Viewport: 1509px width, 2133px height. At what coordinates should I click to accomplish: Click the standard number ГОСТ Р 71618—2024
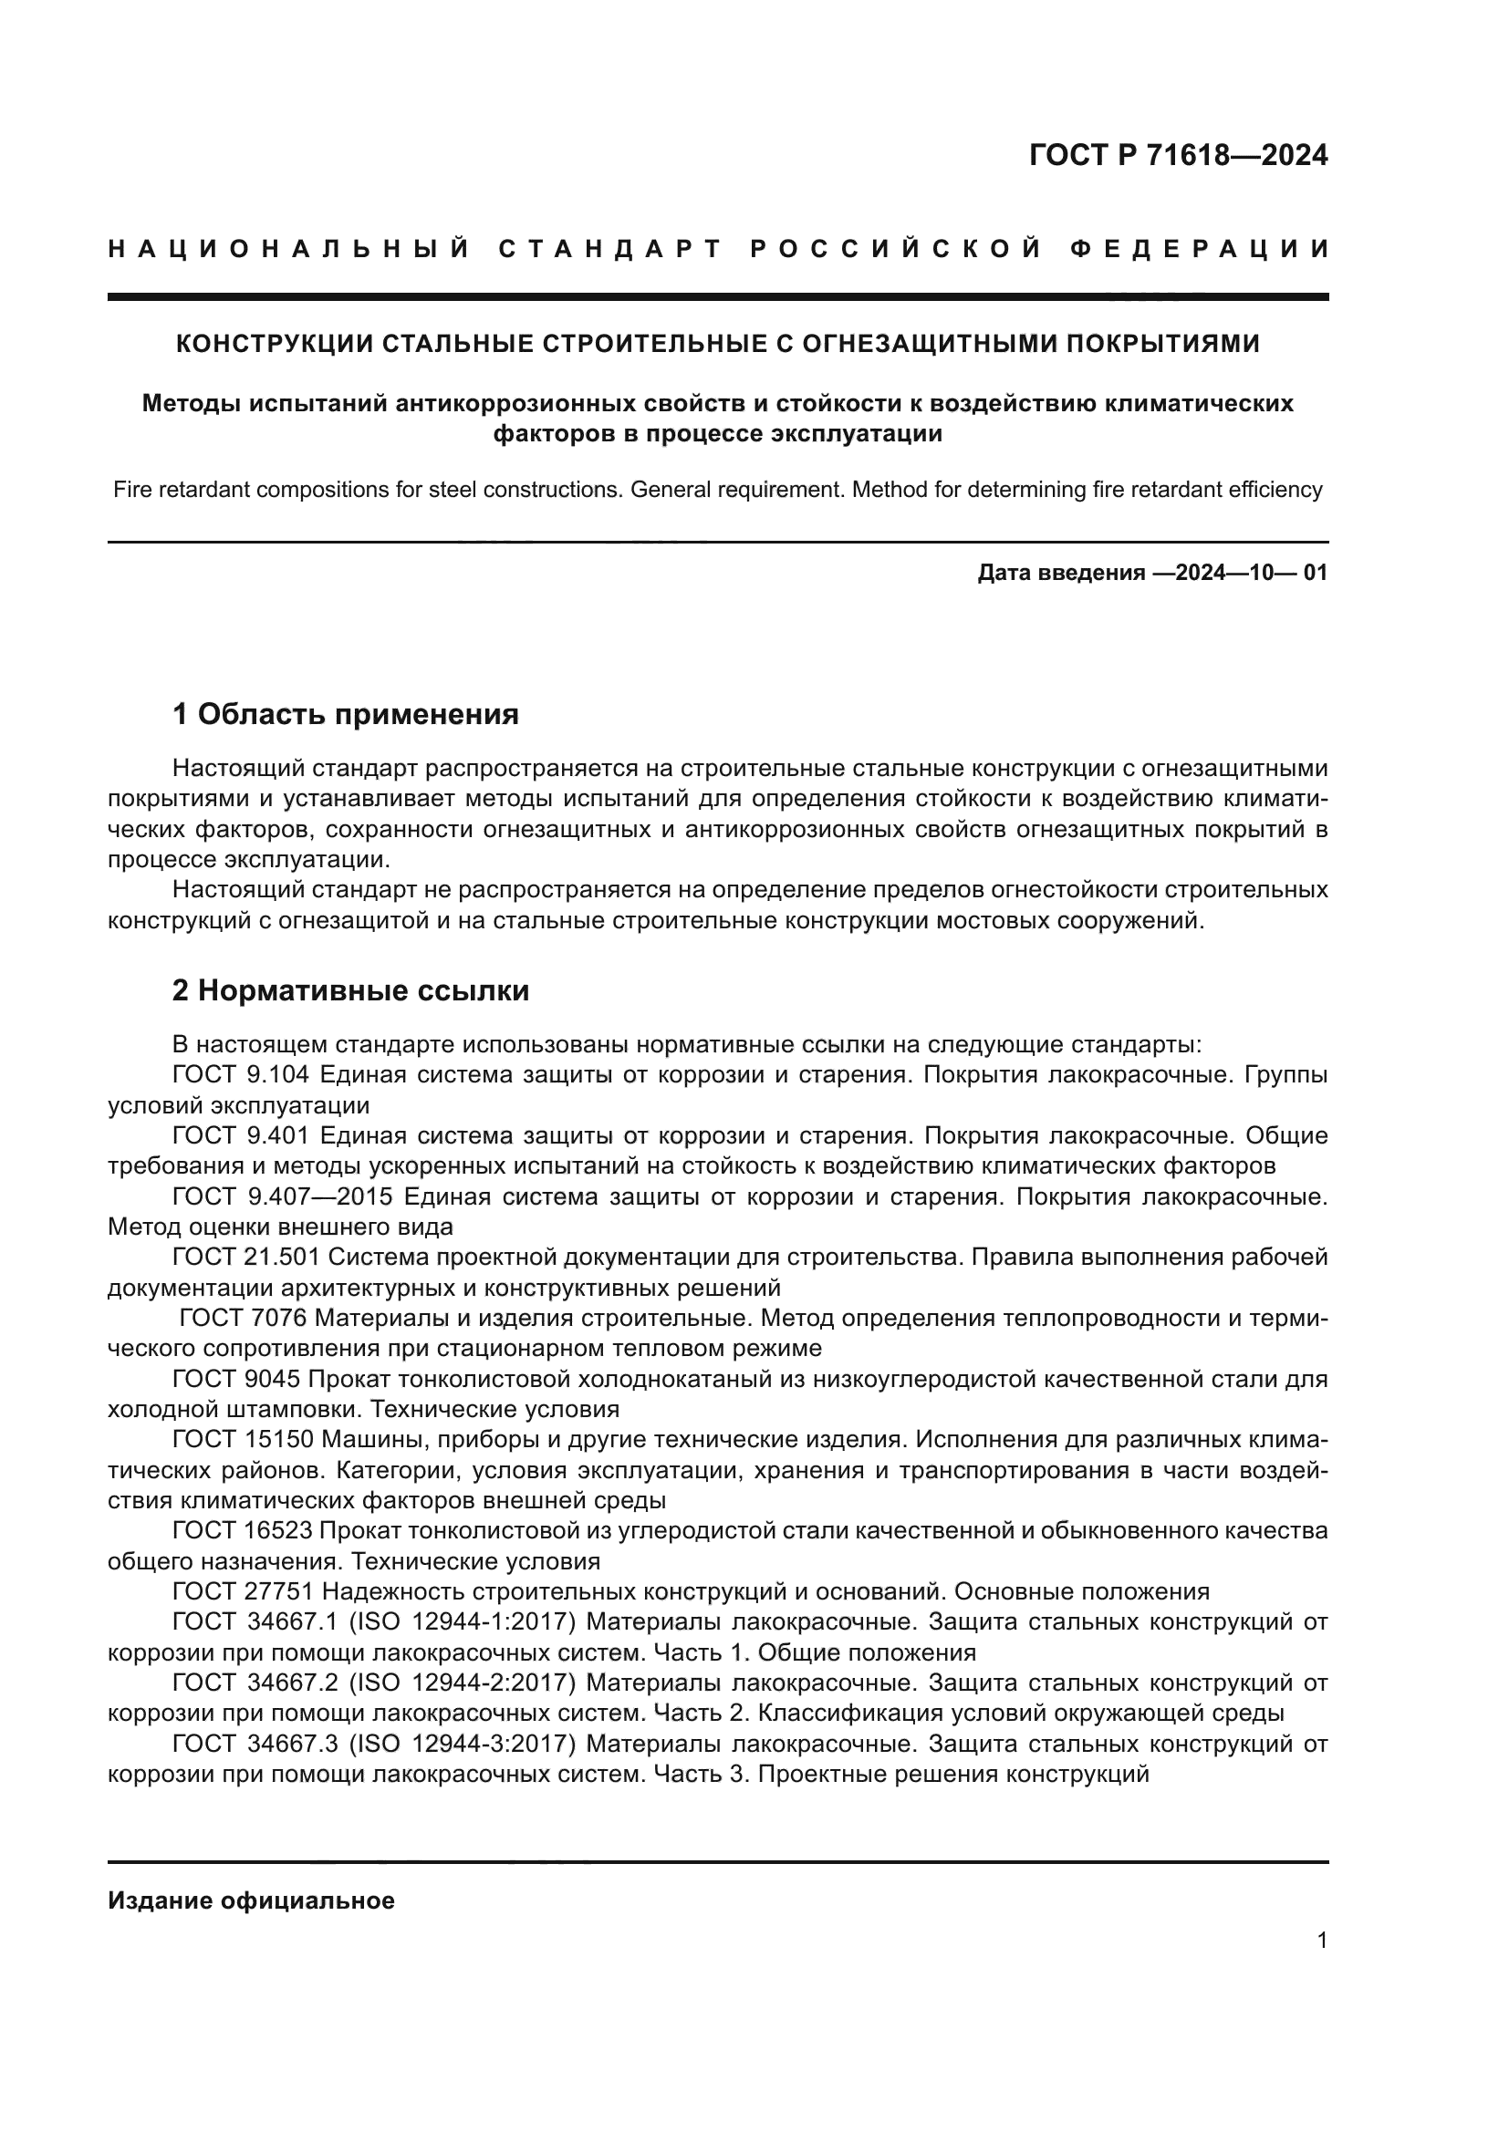coord(1178,155)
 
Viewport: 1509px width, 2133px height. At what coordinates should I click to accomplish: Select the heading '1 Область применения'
coord(346,714)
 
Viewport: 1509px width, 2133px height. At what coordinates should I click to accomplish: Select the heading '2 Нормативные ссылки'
coord(350,991)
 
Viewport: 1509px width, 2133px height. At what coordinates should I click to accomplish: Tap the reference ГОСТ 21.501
coord(246,1257)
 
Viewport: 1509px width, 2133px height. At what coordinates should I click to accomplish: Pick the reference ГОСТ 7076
coord(246,1319)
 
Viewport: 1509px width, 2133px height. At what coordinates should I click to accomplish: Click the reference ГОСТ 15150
coord(246,1440)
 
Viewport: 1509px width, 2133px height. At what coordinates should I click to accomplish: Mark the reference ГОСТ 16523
coord(246,1530)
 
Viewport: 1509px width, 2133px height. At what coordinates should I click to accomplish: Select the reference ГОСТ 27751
coord(246,1591)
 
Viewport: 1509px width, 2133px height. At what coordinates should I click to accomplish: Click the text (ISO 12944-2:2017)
coord(463,1683)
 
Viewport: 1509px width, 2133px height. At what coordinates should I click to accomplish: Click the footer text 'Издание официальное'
coord(251,1900)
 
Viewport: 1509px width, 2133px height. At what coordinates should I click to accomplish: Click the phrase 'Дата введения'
coord(1060,573)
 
